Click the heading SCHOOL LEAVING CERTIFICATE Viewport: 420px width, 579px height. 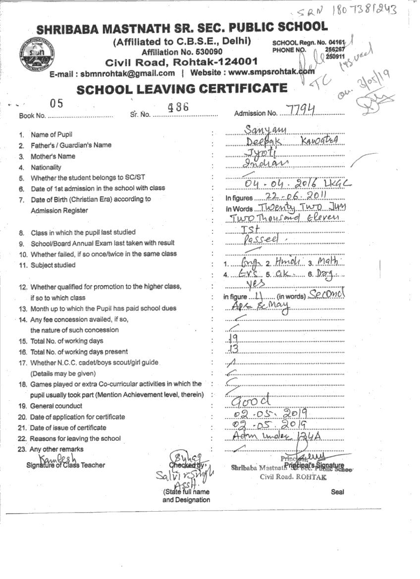(x=181, y=89)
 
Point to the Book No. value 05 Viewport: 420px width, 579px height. (x=57, y=104)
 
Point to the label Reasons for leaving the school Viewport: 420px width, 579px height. (x=75, y=439)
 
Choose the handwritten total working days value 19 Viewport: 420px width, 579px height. (x=234, y=338)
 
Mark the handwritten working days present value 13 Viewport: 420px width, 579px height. (x=234, y=349)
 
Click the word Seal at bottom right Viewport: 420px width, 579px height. (x=338, y=492)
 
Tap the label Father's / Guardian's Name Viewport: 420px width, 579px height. (x=71, y=146)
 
